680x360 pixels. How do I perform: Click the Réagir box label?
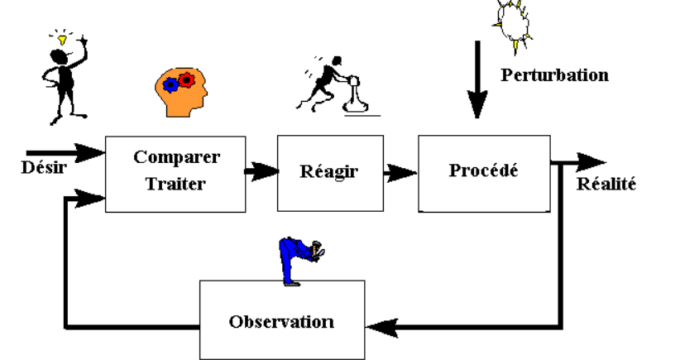[x=318, y=173]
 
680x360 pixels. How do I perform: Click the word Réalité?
[x=606, y=184]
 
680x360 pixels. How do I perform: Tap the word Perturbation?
[x=555, y=75]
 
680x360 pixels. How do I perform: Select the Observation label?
[x=282, y=321]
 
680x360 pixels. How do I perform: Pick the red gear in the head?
[x=187, y=80]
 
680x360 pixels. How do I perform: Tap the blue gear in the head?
[x=170, y=85]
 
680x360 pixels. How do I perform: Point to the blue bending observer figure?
[x=299, y=257]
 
